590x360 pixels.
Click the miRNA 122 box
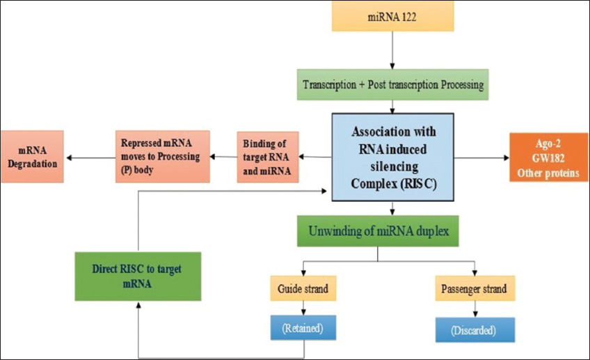click(x=392, y=16)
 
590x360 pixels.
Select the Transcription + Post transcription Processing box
click(x=393, y=84)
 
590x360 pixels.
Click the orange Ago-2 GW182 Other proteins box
click(x=548, y=157)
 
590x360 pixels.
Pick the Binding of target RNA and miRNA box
click(x=268, y=157)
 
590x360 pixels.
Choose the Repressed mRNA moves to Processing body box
click(x=163, y=157)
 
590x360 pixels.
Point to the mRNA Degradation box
click(x=33, y=157)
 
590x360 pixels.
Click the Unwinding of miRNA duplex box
click(x=378, y=231)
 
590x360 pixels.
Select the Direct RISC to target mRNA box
click(x=138, y=276)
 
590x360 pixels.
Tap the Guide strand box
click(x=303, y=288)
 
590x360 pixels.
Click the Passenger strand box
click(x=475, y=288)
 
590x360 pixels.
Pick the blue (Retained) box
click(x=303, y=327)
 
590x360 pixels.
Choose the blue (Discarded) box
click(x=475, y=330)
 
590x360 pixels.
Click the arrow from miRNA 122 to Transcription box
click(x=392, y=50)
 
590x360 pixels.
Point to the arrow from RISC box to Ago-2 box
click(x=481, y=158)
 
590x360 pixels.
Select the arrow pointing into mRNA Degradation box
click(x=90, y=158)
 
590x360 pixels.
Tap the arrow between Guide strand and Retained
click(x=303, y=308)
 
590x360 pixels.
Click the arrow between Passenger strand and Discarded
click(x=475, y=309)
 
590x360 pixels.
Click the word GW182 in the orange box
click(x=548, y=158)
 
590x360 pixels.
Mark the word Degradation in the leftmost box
click(x=33, y=164)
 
